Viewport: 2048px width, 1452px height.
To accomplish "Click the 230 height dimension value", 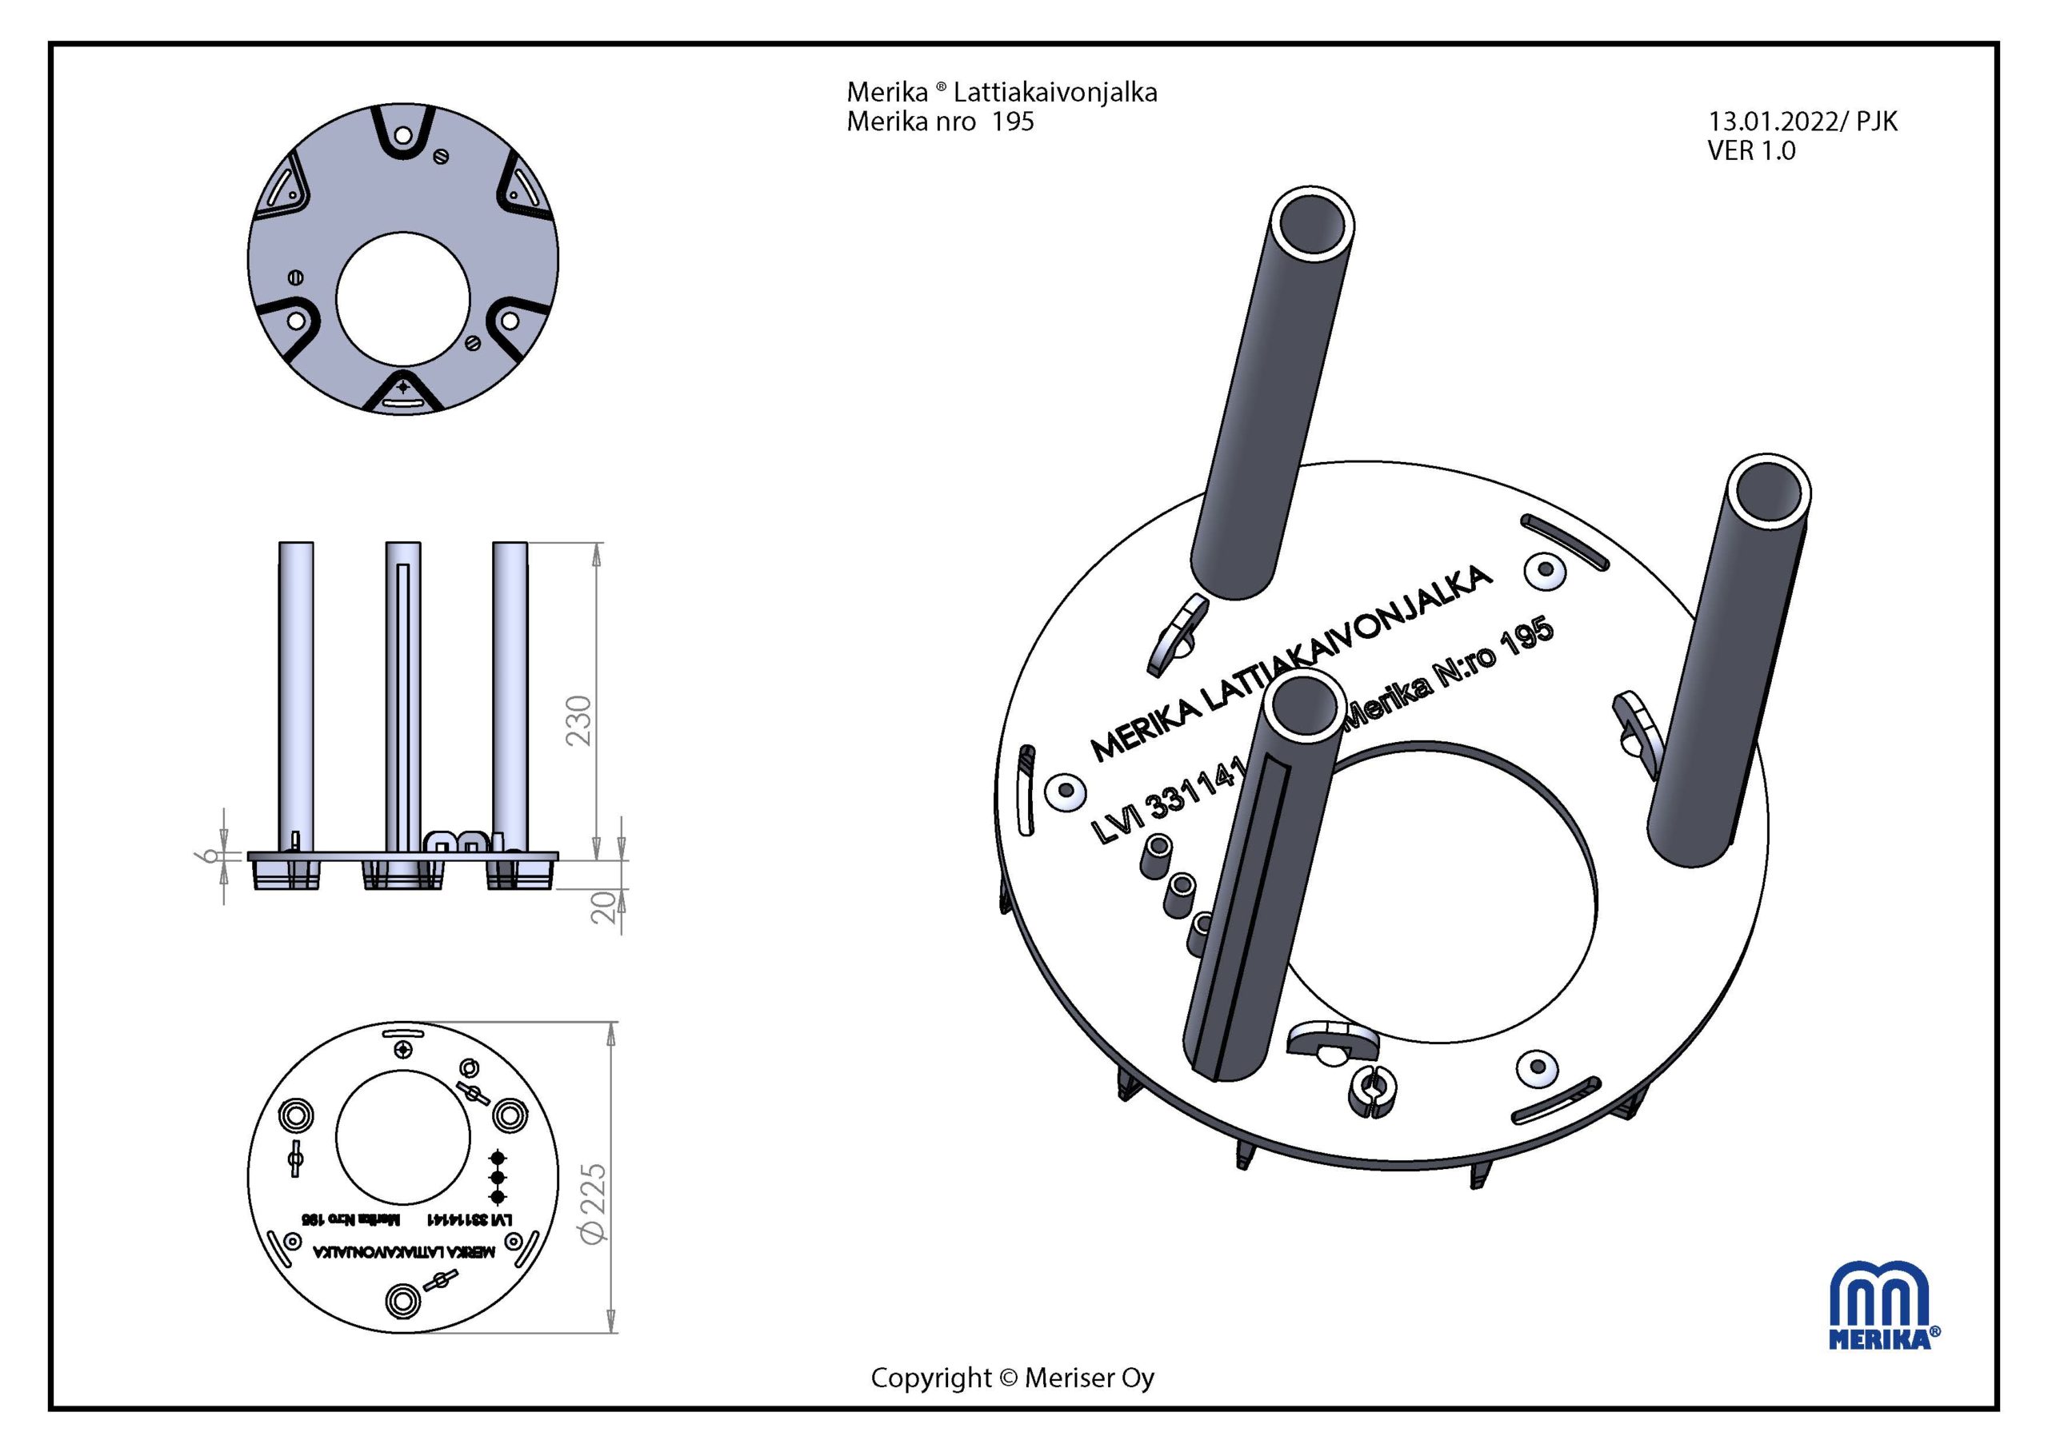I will [x=579, y=720].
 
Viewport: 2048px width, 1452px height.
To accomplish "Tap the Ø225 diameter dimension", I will [x=593, y=1203].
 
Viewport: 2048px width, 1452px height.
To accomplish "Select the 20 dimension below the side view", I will [x=606, y=907].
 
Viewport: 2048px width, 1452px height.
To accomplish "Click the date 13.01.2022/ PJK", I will [x=1802, y=122].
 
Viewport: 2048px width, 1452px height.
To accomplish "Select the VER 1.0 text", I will [x=1751, y=151].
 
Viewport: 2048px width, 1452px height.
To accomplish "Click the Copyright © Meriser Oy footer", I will [x=1012, y=1378].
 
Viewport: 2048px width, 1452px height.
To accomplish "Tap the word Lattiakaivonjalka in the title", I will [x=1055, y=92].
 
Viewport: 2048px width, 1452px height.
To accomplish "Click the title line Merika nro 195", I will [x=940, y=122].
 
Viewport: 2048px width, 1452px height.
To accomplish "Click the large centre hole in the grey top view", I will [x=403, y=298].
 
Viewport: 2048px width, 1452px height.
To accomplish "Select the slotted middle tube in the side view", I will [x=403, y=697].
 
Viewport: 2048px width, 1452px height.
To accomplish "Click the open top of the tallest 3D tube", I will [x=1311, y=225].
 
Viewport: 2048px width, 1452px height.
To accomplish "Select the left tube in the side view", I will [x=296, y=697].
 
